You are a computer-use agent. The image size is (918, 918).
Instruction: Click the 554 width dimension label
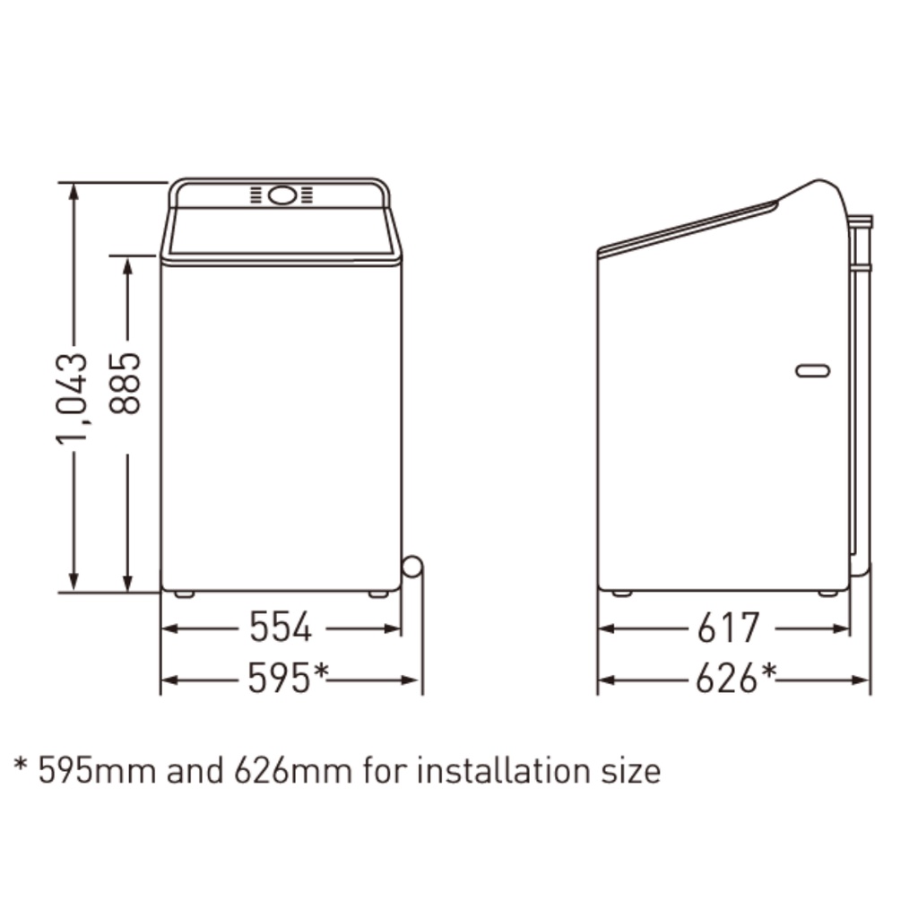pos(281,627)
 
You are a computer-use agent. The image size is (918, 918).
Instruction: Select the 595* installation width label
pos(288,678)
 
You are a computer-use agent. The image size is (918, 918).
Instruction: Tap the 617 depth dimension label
pos(728,627)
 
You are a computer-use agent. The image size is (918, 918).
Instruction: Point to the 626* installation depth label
pos(736,678)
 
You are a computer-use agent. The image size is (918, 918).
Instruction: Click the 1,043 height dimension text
pos(73,399)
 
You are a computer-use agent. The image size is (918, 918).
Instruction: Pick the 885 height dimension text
pos(126,384)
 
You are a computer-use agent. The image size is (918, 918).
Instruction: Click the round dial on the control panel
pos(281,195)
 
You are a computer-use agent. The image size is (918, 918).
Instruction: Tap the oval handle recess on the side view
pos(812,370)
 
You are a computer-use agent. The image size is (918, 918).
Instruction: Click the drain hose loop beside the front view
pos(412,567)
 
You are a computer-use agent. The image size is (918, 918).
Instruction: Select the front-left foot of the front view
pos(185,594)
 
